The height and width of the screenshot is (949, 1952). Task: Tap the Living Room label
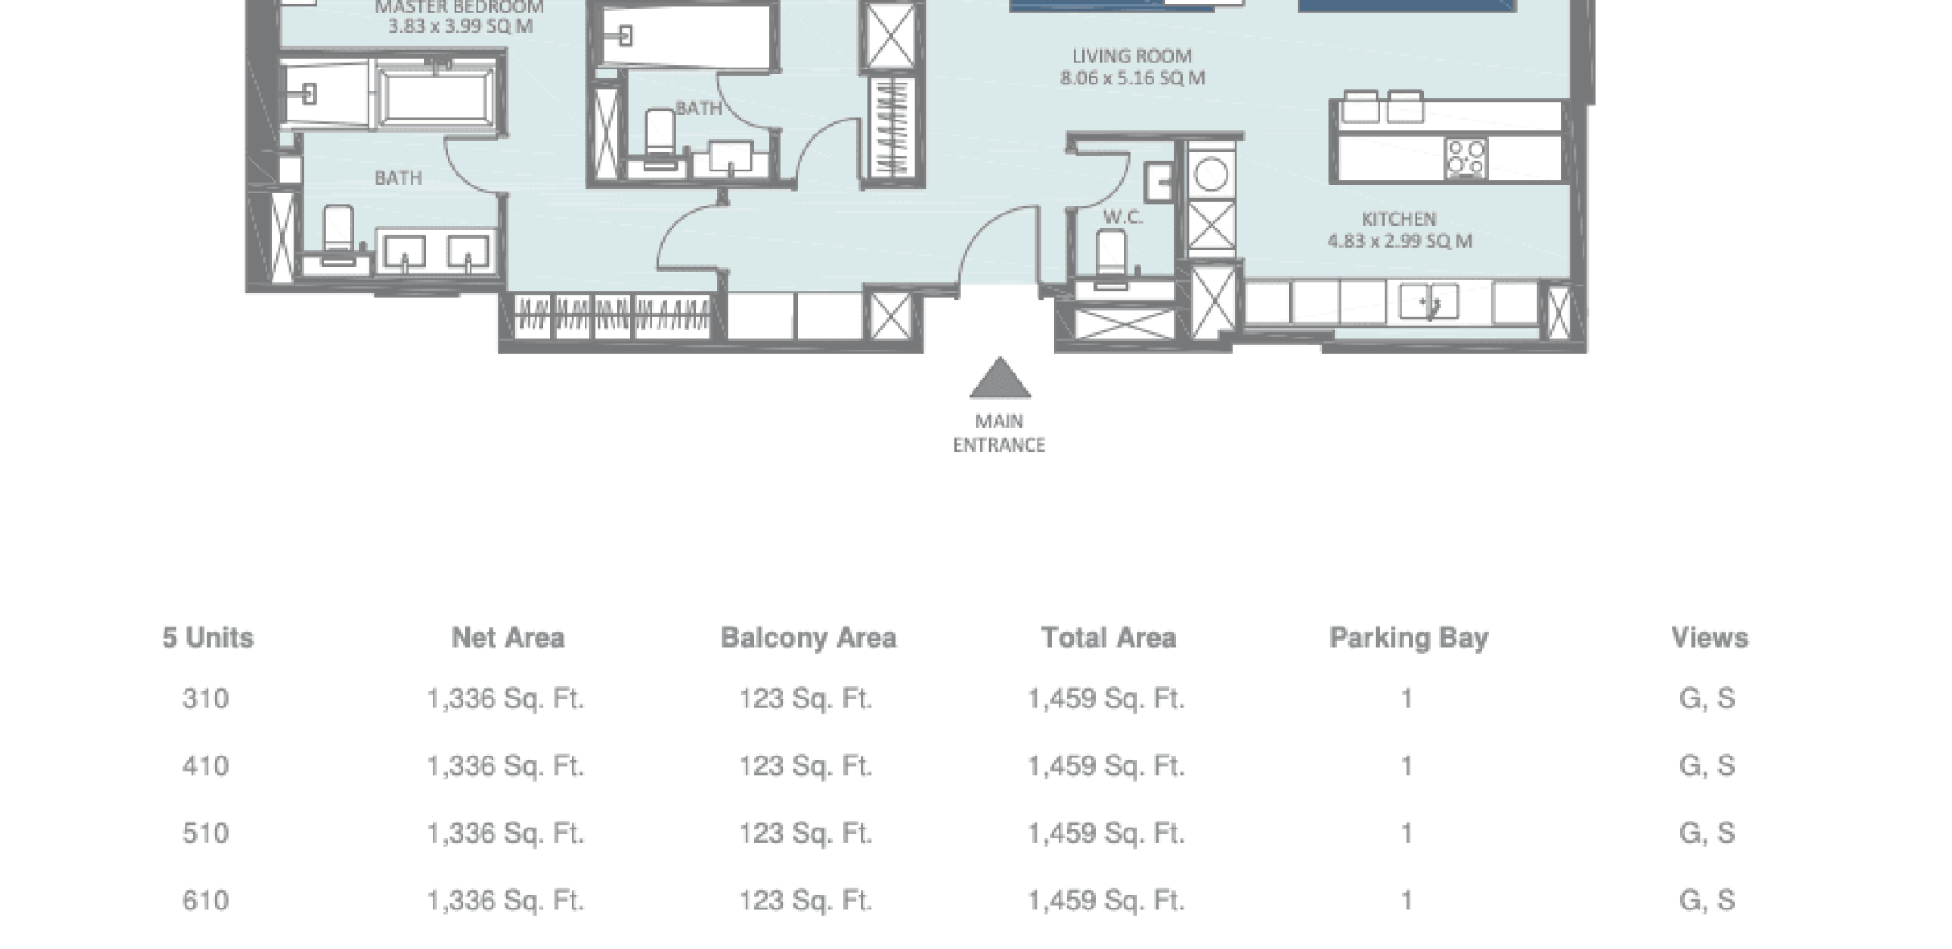point(1133,56)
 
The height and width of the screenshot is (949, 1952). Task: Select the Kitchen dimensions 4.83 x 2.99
point(1400,241)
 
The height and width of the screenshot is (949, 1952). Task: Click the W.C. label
point(1123,217)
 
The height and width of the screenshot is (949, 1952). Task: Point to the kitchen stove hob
point(1466,159)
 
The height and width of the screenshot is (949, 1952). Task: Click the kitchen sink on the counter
point(1429,302)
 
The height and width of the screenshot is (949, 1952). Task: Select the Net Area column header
point(508,637)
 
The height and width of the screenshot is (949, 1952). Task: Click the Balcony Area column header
point(808,637)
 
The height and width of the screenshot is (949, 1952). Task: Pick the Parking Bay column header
point(1409,638)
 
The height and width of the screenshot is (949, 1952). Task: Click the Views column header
point(1709,637)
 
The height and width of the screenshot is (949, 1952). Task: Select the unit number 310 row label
point(206,699)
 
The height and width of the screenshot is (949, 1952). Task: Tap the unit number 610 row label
point(206,901)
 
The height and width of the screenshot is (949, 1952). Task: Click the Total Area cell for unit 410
point(1106,766)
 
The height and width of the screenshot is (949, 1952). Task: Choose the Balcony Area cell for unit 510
point(805,833)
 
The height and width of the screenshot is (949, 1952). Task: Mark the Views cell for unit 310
point(1708,699)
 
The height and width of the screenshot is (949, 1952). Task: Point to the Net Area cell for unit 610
point(506,901)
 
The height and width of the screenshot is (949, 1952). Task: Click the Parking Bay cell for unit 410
point(1407,766)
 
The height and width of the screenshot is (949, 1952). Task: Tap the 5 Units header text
point(208,637)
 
